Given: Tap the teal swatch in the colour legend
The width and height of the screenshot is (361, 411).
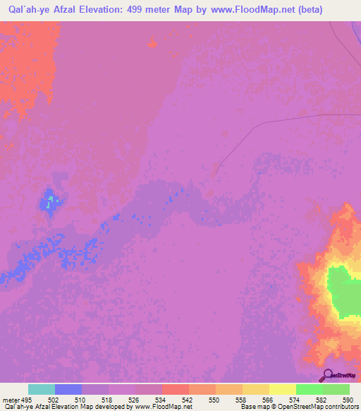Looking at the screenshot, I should coord(41,390).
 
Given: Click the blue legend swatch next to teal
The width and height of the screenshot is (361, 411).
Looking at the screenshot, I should coord(68,390).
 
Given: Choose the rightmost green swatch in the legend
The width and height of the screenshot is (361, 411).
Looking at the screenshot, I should coord(336,390).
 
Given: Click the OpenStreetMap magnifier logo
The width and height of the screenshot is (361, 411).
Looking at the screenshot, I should coord(326,375).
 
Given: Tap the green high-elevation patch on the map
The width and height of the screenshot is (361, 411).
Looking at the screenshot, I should coord(344,291).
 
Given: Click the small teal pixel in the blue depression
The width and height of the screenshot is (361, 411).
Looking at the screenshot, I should coord(49,205).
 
